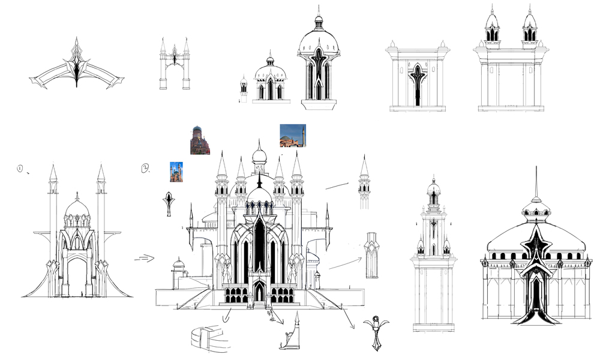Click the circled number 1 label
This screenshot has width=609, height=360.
(x=20, y=169)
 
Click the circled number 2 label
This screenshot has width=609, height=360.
(x=145, y=169)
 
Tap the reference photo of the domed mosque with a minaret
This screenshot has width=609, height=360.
(x=293, y=136)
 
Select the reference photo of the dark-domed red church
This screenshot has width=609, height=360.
(x=200, y=140)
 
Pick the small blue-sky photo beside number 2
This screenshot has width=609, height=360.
(x=176, y=172)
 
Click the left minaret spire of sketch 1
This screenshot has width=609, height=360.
(x=53, y=173)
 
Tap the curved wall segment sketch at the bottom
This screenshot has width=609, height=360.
(x=211, y=337)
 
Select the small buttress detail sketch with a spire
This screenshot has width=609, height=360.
(x=293, y=334)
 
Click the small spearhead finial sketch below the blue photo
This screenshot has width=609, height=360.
(x=170, y=203)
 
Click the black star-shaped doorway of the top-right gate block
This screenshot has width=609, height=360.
(x=417, y=84)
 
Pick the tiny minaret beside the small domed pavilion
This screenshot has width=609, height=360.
(x=244, y=88)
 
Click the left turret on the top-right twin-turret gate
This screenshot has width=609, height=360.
(x=493, y=27)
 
